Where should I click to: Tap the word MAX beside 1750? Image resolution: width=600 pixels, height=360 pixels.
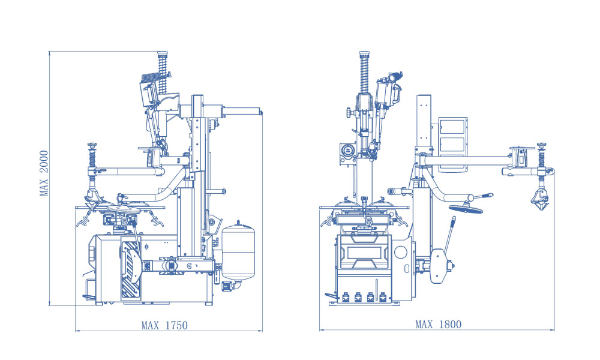(150, 326)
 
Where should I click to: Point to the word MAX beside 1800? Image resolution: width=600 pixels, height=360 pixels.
(424, 325)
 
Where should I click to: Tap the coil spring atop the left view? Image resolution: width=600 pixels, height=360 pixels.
(162, 63)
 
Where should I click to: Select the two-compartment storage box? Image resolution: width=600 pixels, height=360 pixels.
(452, 144)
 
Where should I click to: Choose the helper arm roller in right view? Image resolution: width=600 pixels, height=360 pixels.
(541, 199)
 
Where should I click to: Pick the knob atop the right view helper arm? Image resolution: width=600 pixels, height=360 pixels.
(542, 145)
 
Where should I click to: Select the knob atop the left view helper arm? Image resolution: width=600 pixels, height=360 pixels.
(92, 145)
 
